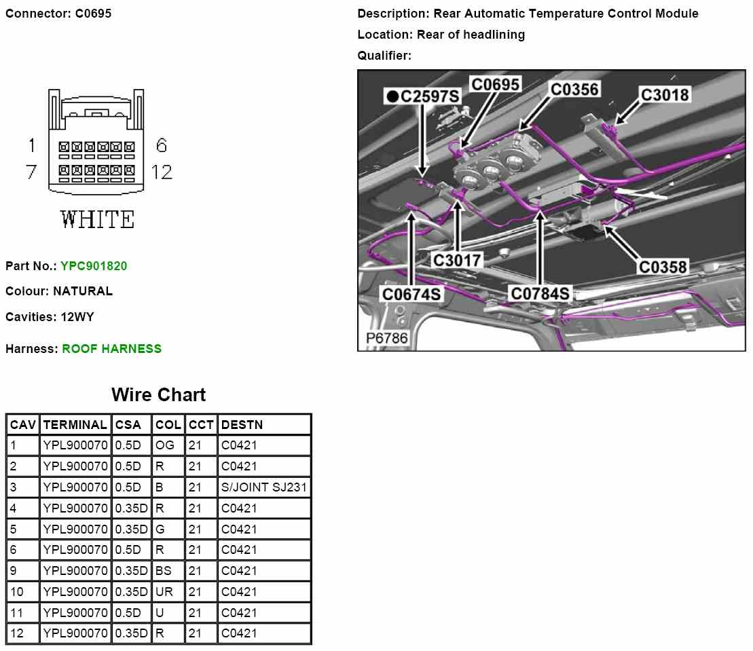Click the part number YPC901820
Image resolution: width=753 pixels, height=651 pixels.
[94, 266]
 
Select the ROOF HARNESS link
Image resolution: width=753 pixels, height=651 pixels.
[112, 349]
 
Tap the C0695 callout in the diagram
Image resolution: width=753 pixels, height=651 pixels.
[496, 85]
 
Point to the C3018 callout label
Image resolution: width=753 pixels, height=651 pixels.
[665, 95]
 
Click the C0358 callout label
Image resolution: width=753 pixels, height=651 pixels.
[663, 267]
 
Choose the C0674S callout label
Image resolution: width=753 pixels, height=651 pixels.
[411, 295]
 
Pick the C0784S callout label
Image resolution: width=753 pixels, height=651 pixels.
[540, 294]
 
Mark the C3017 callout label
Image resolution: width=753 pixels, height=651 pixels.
[457, 260]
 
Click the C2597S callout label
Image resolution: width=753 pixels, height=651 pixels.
[424, 97]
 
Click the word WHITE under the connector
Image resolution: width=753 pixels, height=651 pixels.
[97, 220]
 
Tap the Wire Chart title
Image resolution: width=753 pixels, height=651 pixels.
[158, 394]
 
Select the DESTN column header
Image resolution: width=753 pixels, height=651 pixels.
[242, 425]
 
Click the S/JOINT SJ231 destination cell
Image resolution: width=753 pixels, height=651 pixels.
[264, 487]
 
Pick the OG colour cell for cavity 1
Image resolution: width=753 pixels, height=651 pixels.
[165, 446]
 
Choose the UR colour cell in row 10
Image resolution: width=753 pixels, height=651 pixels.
[164, 592]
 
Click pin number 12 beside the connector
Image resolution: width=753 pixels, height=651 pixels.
[162, 172]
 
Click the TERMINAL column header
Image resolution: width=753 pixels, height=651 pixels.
[75, 425]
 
